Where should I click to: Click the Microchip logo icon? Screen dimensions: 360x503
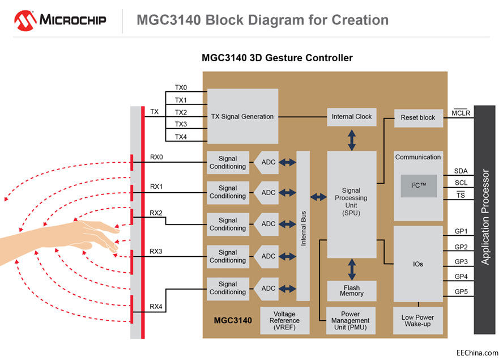25,20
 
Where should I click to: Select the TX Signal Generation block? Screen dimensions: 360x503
242,116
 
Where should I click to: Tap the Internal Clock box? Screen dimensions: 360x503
352,117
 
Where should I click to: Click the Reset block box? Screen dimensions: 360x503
417,117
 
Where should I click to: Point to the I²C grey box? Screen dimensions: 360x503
419,186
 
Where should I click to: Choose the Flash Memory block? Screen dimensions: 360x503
352,291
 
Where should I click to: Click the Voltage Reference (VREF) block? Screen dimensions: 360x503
284,321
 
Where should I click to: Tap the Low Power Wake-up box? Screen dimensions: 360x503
417,321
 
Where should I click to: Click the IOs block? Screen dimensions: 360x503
418,264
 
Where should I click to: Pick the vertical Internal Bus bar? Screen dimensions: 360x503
303,226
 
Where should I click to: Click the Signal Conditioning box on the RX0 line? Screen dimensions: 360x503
228,163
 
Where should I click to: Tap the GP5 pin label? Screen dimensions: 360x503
461,291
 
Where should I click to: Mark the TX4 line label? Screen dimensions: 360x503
181,136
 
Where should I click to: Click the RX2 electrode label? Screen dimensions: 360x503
156,213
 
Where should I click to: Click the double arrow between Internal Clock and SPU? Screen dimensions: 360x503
352,139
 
